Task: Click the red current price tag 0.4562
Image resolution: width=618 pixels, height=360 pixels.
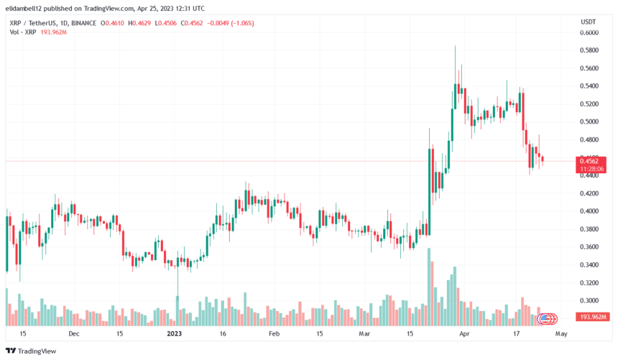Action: pyautogui.click(x=594, y=161)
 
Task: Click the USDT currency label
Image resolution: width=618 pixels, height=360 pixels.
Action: pyautogui.click(x=587, y=22)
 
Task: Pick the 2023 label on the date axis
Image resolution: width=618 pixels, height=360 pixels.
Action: pyautogui.click(x=175, y=334)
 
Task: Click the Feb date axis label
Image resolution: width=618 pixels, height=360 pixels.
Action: pyautogui.click(x=273, y=334)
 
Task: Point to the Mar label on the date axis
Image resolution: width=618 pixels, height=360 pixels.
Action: pyautogui.click(x=364, y=334)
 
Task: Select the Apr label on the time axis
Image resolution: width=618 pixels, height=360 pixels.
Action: pyautogui.click(x=464, y=334)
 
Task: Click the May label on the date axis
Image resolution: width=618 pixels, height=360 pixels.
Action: pyautogui.click(x=562, y=334)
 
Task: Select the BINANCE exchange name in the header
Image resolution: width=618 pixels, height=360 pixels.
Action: pyautogui.click(x=85, y=24)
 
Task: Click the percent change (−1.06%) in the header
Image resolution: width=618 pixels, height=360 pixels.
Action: pyautogui.click(x=235, y=24)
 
